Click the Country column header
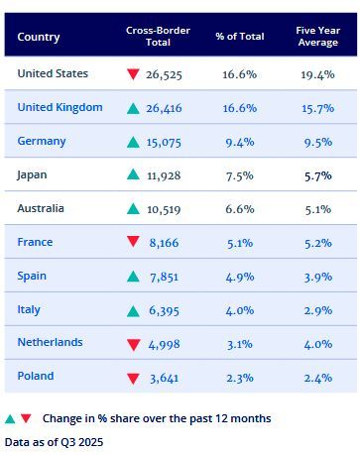pyautogui.click(x=39, y=37)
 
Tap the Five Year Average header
pyautogui.click(x=317, y=37)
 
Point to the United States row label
pyautogui.click(x=53, y=74)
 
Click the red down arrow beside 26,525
pyautogui.click(x=133, y=75)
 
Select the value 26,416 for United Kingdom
pyautogui.click(x=164, y=108)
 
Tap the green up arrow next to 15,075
pyautogui.click(x=133, y=142)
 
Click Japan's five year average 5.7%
pyautogui.click(x=317, y=175)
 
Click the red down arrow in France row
pyautogui.click(x=133, y=243)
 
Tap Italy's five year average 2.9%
pyautogui.click(x=317, y=310)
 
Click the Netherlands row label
pyautogui.click(x=50, y=343)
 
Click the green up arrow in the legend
pyautogui.click(x=10, y=418)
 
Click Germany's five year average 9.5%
pyautogui.click(x=317, y=142)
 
